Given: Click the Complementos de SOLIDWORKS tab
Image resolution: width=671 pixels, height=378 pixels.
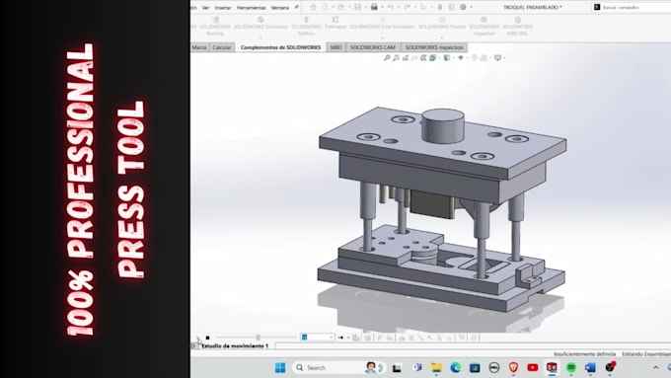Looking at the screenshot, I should (280, 46).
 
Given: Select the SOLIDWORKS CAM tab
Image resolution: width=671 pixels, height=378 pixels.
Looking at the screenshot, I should (374, 46).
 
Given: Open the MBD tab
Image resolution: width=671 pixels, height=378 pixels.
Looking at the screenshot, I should (336, 46).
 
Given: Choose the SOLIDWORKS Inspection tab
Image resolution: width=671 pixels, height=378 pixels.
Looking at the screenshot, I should (434, 46).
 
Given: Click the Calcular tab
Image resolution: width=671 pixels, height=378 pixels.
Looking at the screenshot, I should (222, 46).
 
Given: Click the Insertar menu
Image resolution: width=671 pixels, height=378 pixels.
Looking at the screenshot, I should (223, 7).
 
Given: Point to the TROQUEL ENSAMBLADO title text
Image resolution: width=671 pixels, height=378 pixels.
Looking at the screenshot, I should (532, 7).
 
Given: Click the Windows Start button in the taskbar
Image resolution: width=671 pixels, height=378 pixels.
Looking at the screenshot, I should (279, 367).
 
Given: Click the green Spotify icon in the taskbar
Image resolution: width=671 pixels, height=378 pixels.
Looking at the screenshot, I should (570, 367).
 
